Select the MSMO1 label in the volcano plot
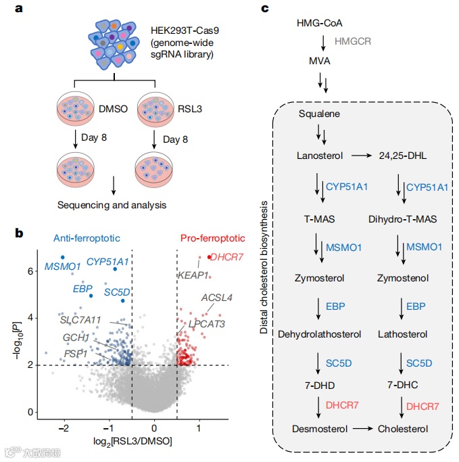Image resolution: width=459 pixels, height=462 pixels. click(x=63, y=266)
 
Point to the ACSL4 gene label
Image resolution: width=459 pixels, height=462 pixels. click(x=216, y=297)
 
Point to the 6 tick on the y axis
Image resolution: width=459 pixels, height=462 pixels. click(x=30, y=271)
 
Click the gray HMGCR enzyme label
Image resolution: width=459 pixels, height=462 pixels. click(x=354, y=41)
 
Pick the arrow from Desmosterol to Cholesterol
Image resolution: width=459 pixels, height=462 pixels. click(x=362, y=429)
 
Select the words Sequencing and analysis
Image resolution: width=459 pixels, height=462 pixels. click(x=112, y=204)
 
